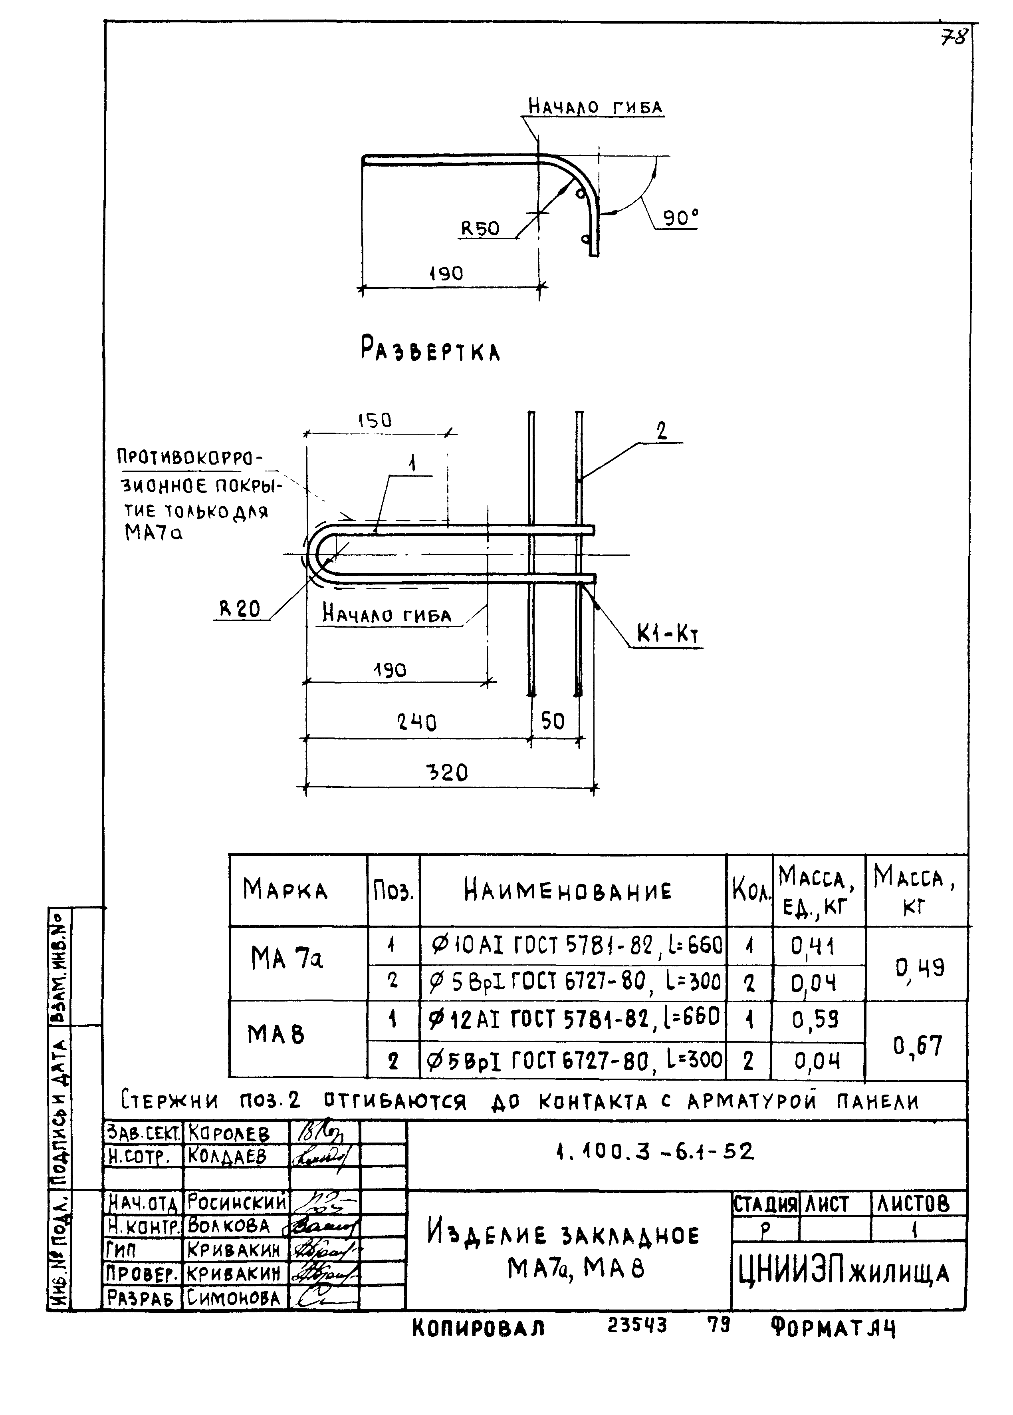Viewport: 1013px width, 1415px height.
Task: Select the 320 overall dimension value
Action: coord(447,773)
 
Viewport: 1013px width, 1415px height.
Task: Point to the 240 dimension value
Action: coord(417,722)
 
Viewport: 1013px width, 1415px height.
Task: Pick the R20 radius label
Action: coord(240,609)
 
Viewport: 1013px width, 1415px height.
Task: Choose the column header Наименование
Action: coord(568,891)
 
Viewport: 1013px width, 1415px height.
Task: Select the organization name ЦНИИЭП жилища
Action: coord(843,1273)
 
